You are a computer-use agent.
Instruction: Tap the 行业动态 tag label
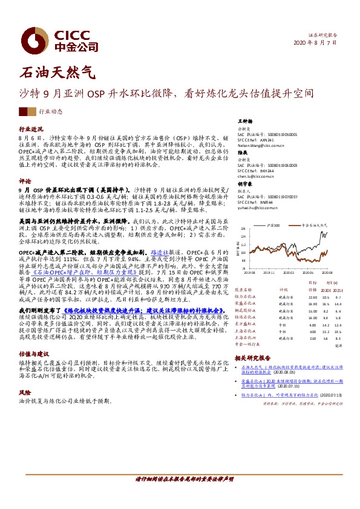pos(51,112)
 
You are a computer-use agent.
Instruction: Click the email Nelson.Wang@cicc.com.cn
pos(261,146)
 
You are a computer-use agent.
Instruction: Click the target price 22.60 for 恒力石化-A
pos(313,297)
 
